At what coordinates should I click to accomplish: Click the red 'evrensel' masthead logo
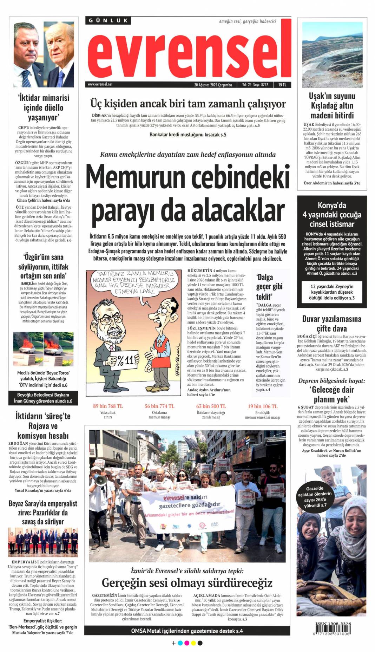pos(189,53)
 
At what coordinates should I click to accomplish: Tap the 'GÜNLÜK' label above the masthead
pos(108,20)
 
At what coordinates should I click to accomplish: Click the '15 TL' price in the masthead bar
pos(282,85)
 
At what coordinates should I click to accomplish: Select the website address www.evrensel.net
pos(100,84)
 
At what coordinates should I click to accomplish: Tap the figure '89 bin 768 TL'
pos(108,406)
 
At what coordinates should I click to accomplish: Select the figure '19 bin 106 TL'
pos(262,406)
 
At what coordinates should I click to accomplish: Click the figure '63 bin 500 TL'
pos(211,406)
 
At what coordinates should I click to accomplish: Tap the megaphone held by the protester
pos(100,480)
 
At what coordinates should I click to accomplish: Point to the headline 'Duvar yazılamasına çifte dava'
pos(331,324)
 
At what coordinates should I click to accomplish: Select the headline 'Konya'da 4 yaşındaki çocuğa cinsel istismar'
pos(332,214)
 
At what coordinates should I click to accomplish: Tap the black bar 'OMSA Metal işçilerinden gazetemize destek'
pos(187,631)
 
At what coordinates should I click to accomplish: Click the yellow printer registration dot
pos(193,643)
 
